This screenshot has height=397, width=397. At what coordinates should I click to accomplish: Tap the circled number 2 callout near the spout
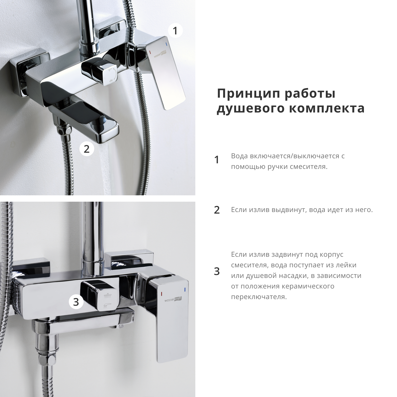click(x=87, y=149)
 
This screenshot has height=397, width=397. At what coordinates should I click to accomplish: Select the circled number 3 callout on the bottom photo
click(x=76, y=302)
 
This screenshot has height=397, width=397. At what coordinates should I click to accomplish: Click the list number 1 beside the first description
click(x=217, y=160)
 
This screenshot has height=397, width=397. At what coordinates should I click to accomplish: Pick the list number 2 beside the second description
click(x=217, y=210)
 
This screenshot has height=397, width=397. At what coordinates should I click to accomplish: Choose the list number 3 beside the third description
click(x=217, y=272)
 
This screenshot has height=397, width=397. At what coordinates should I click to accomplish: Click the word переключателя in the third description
click(x=258, y=297)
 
